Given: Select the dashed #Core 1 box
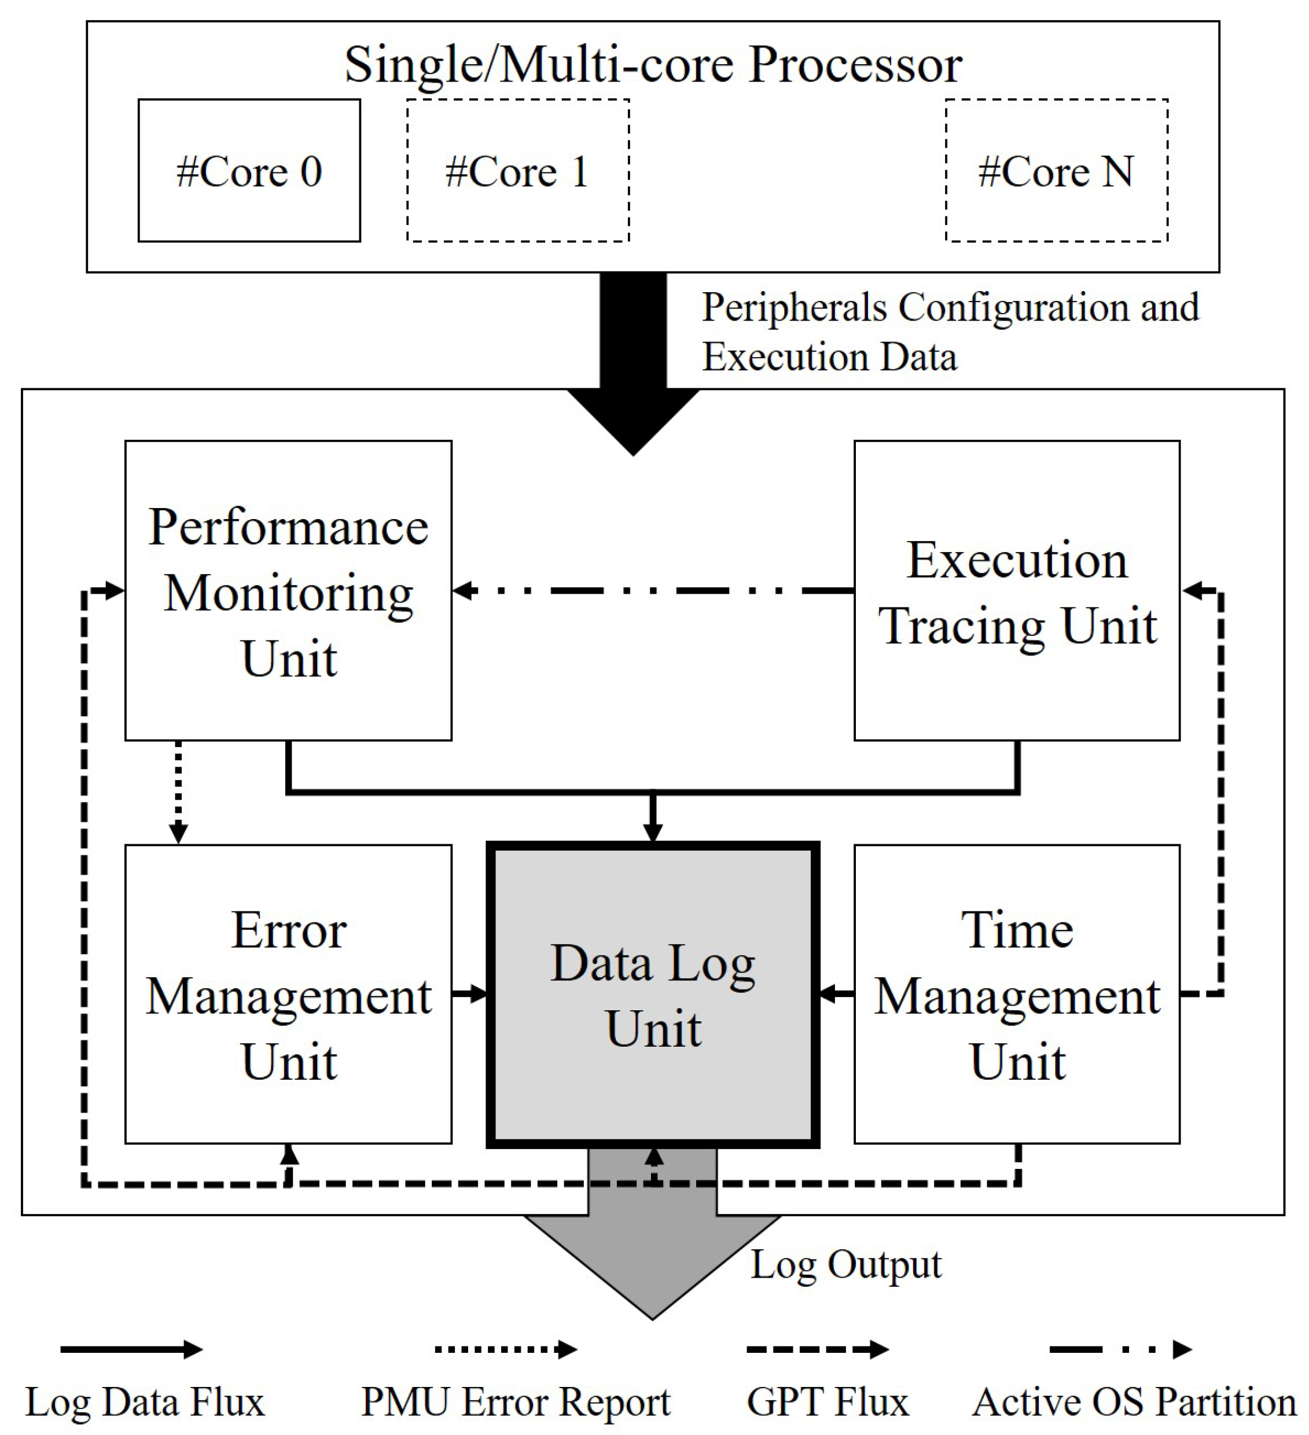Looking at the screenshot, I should [x=517, y=171].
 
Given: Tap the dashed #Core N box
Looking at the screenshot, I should [x=1056, y=171].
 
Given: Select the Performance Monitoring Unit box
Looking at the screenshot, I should [x=288, y=591].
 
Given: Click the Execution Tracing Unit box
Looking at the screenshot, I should [x=1016, y=591].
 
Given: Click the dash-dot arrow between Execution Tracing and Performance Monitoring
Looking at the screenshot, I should [x=652, y=590].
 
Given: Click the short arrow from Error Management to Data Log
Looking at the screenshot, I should [x=470, y=993].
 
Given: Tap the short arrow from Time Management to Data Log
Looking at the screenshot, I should [x=837, y=993].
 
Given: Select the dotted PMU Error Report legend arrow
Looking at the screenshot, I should [x=505, y=1349].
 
